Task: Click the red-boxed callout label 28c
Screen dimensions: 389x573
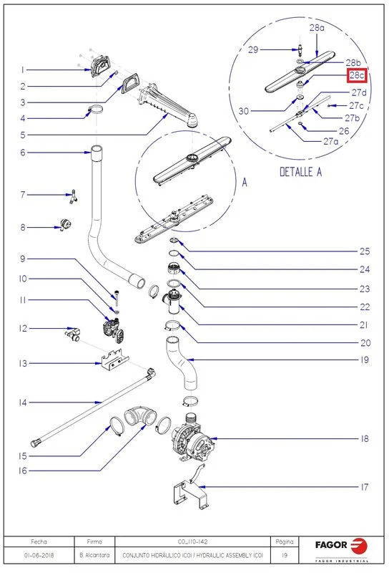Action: pyautogui.click(x=357, y=76)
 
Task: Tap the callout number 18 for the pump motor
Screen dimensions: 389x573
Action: pyautogui.click(x=365, y=438)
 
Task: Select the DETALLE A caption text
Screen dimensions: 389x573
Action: pyautogui.click(x=301, y=172)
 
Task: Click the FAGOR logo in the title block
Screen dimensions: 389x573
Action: pyautogui.click(x=342, y=547)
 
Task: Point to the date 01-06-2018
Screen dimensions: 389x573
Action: pyautogui.click(x=39, y=555)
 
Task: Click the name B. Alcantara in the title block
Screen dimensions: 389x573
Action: pyautogui.click(x=94, y=555)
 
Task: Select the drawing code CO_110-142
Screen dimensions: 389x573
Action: pyautogui.click(x=192, y=541)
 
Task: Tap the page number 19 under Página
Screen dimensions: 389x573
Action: pyautogui.click(x=285, y=555)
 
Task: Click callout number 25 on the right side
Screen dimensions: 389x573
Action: pyautogui.click(x=365, y=251)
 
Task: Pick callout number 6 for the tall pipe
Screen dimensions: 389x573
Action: pyautogui.click(x=23, y=153)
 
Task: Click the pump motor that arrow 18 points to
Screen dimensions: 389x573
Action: pyautogui.click(x=193, y=438)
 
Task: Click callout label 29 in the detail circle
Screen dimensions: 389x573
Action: pyautogui.click(x=253, y=49)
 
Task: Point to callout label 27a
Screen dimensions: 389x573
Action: pyautogui.click(x=330, y=141)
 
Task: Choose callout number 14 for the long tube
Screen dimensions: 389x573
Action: pyautogui.click(x=23, y=403)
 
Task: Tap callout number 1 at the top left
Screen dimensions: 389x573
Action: pyautogui.click(x=23, y=69)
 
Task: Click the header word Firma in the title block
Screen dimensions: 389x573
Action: pyautogui.click(x=94, y=541)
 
